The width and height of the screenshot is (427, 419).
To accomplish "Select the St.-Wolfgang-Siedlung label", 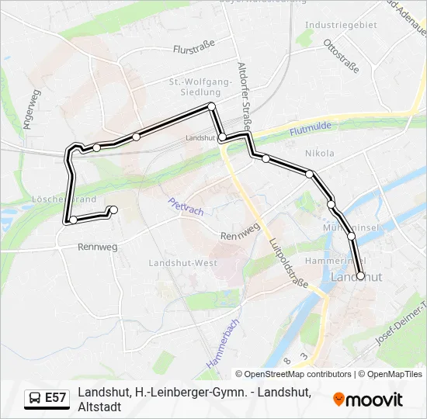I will click(200, 87).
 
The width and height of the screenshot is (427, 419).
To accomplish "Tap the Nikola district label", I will click(320, 153).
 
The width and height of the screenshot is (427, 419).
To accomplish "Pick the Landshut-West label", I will click(183, 263).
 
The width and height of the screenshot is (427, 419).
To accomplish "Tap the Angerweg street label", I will click(32, 109).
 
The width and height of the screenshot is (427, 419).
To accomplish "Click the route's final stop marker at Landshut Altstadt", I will click(360, 275).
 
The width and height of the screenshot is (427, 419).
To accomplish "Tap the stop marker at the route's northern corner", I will click(210, 106).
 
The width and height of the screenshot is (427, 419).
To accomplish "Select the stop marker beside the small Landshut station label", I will click(222, 137).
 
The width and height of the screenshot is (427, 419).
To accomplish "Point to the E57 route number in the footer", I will click(56, 398).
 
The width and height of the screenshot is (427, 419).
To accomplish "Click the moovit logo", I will click(368, 399).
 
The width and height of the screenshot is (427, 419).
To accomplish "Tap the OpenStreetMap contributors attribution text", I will click(297, 374).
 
